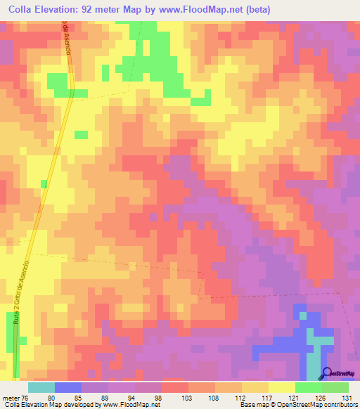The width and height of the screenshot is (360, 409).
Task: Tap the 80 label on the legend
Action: [51, 397]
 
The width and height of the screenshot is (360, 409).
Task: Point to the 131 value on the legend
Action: [346, 397]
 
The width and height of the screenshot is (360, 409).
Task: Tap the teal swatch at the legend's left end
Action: [41, 387]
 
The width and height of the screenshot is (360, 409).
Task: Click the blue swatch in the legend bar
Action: [67, 387]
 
